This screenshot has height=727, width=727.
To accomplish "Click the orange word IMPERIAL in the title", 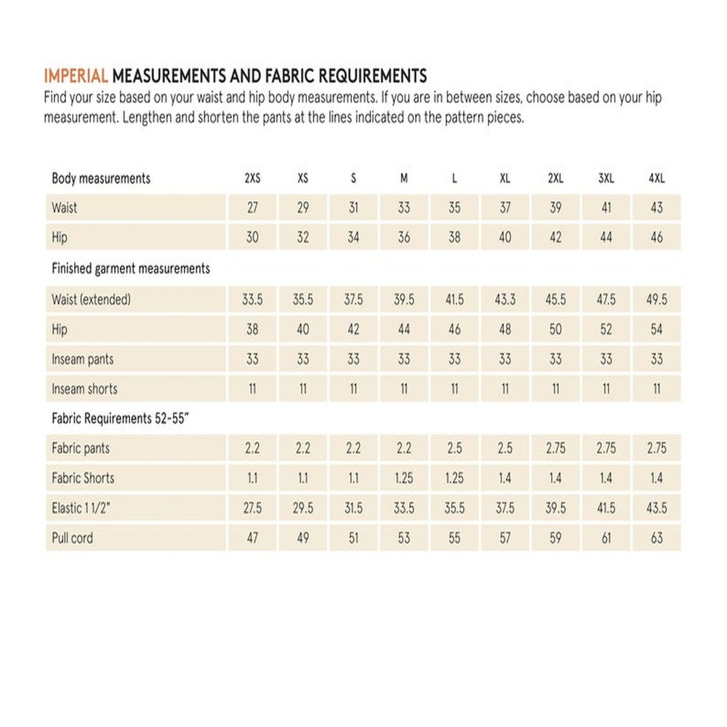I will (x=76, y=76).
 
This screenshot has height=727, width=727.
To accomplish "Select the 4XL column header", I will (x=656, y=179).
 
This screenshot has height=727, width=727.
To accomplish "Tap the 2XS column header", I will (x=252, y=179).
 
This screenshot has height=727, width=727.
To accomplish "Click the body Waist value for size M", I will (x=404, y=208).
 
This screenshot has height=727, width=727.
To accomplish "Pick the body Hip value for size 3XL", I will (x=606, y=238).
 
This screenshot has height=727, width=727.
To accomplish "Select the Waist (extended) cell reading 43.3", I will (x=505, y=300).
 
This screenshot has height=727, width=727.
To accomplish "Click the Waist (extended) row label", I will (x=91, y=300).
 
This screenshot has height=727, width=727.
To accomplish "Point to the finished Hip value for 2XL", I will (x=555, y=329).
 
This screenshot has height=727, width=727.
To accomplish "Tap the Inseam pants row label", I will (x=83, y=359).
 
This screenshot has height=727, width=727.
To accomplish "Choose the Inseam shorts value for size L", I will (x=454, y=389).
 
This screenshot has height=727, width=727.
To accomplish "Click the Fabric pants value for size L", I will (x=454, y=449).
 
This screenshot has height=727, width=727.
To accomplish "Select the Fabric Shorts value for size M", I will (x=404, y=478).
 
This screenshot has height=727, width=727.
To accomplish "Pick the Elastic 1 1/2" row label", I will (x=81, y=508).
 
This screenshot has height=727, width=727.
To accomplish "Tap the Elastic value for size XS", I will (x=303, y=508).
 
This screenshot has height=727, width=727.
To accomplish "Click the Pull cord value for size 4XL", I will (x=656, y=538).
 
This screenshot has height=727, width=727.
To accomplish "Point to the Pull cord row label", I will (x=73, y=538).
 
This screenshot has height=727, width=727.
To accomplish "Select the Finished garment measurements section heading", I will (x=131, y=269).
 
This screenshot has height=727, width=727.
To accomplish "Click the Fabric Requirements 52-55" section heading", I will (x=123, y=419).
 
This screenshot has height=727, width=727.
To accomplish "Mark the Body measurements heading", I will (x=101, y=179).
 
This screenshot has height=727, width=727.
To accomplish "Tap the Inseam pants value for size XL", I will (x=505, y=359).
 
